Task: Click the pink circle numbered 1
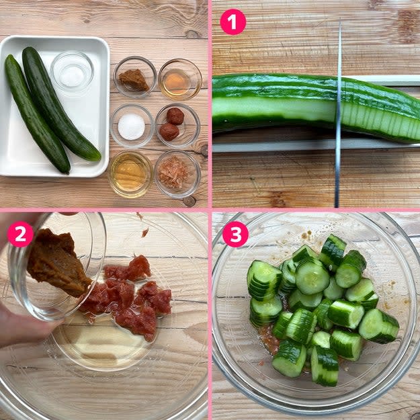233,22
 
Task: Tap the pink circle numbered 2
20,234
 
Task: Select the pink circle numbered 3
235,234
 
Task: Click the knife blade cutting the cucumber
338,115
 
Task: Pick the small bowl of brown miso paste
134,77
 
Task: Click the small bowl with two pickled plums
177,126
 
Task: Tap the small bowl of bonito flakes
177,174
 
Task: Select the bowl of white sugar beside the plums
132,126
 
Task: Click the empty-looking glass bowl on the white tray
72,71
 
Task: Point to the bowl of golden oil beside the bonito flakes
130,174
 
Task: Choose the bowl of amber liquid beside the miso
180,79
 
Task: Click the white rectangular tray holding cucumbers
54,107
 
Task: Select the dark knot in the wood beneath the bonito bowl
190,201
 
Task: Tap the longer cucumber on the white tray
60,103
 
